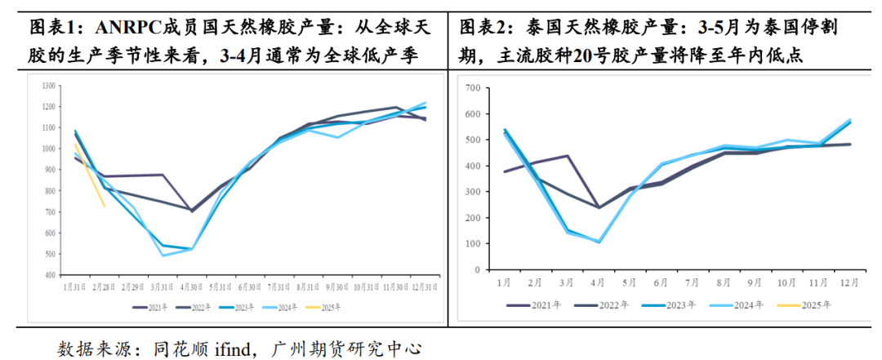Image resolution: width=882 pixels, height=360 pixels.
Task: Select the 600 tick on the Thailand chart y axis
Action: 470,113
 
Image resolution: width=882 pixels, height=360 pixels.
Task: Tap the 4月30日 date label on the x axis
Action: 192,287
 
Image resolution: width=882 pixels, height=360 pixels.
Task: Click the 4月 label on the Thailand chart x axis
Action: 598,282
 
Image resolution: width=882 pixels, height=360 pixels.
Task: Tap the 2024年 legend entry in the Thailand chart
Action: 748,305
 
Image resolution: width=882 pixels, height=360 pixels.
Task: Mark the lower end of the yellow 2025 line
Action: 104,207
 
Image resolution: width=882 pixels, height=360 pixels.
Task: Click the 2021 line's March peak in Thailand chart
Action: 567,155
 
